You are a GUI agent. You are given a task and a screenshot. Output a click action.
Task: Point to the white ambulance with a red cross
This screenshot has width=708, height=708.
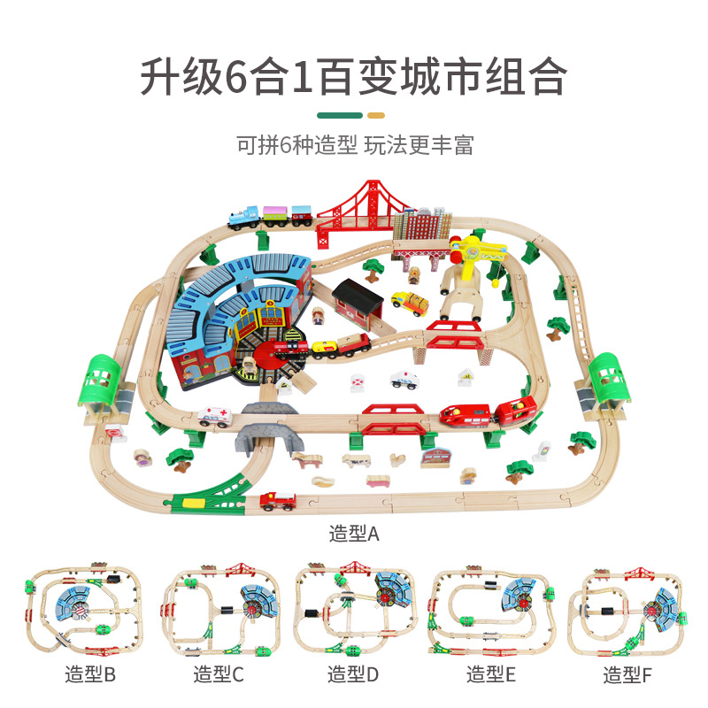pyautogui.click(x=216, y=415)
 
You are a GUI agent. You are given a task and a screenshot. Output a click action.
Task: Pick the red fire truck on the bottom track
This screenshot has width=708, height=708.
pyautogui.click(x=278, y=501)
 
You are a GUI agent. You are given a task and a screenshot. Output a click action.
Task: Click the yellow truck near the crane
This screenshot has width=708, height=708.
pyautogui.click(x=409, y=303)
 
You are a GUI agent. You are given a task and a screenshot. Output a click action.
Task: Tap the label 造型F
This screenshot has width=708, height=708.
pyautogui.click(x=627, y=676)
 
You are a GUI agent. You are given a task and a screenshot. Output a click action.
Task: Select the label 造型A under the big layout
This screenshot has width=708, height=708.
pyautogui.click(x=354, y=534)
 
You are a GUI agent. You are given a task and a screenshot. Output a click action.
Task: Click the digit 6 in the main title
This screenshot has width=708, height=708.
pyautogui.click(x=236, y=78)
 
